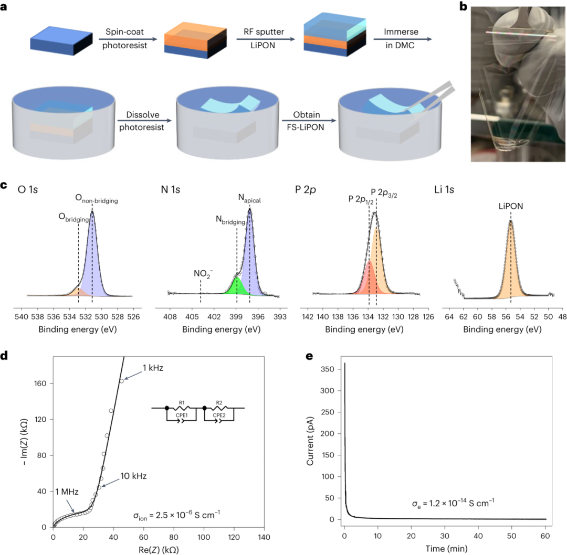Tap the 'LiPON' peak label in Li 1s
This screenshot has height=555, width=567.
click(x=510, y=207)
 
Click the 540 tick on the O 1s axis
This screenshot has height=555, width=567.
click(x=21, y=317)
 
